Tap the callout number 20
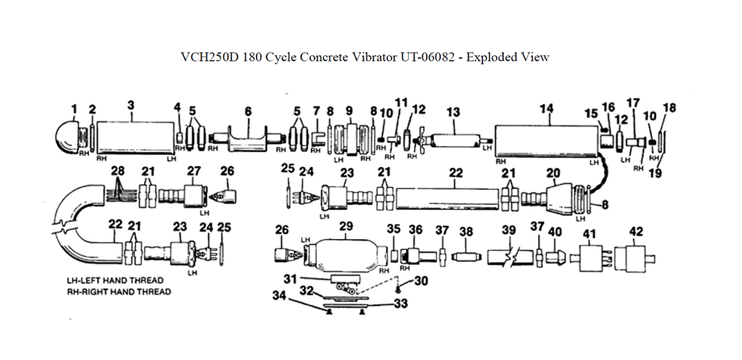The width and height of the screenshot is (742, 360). (552, 171)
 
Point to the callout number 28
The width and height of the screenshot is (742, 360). (116, 171)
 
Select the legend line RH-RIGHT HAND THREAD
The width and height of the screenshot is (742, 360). (119, 292)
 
